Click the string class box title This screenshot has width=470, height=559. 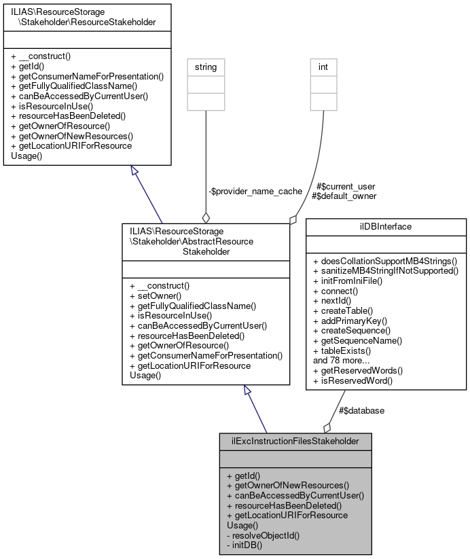tap(206, 68)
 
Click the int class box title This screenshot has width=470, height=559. tap(323, 68)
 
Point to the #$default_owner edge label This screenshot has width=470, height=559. tap(343, 196)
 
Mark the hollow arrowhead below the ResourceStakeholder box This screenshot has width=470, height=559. tap(134, 173)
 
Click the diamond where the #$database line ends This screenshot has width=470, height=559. tap(327, 427)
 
